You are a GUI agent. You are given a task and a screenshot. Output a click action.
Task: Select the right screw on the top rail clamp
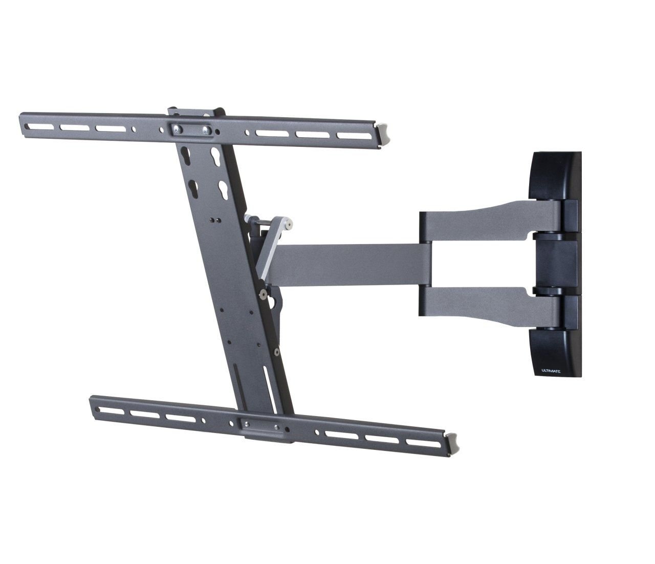205,131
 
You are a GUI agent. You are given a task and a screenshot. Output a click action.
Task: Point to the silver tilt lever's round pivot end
290,223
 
